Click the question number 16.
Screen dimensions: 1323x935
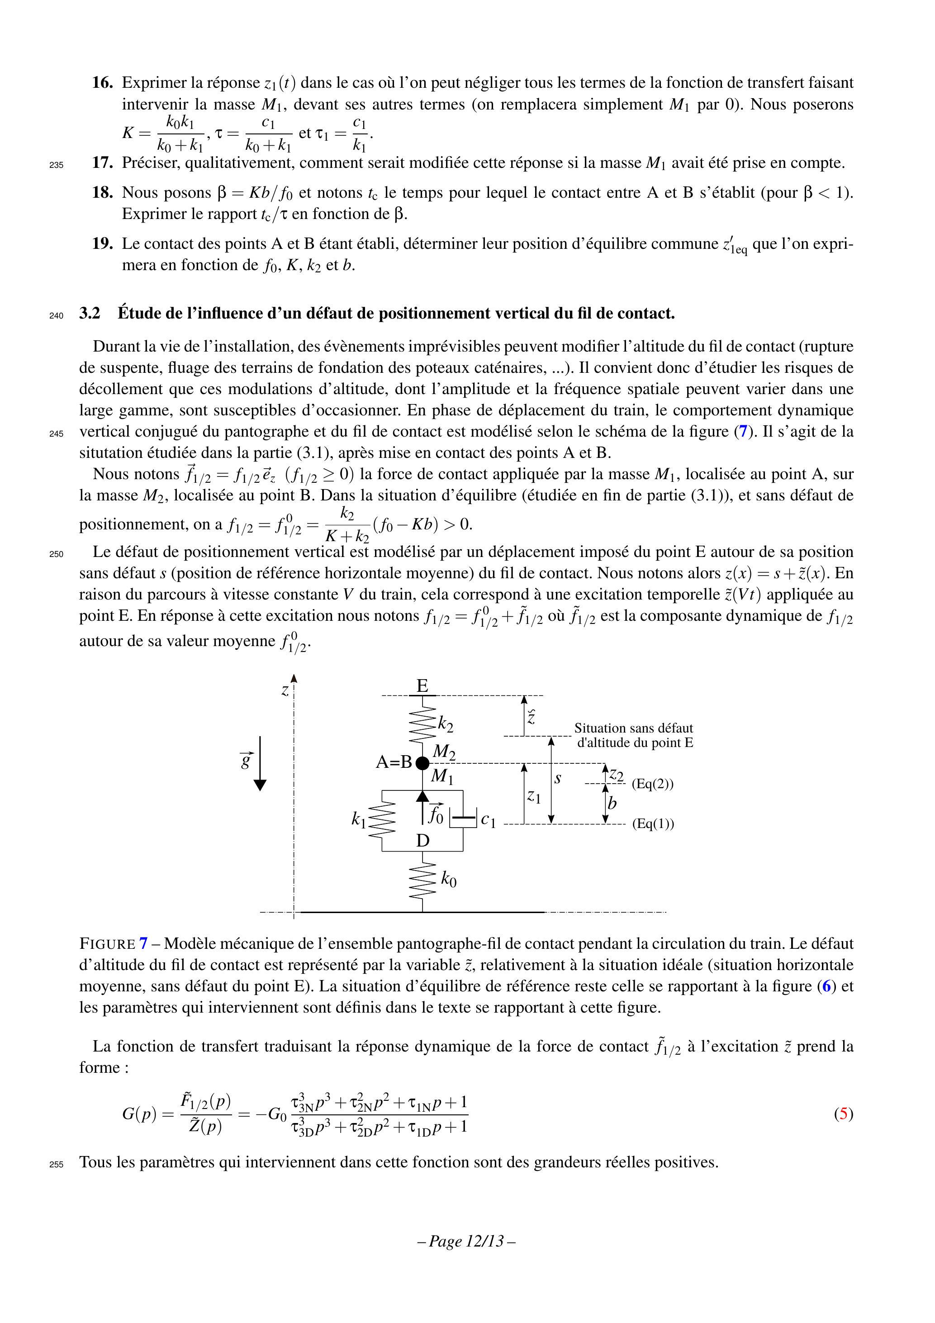(x=102, y=83)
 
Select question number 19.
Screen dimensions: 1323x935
(x=102, y=244)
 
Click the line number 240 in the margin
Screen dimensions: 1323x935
(x=57, y=316)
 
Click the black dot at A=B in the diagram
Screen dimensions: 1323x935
(x=422, y=763)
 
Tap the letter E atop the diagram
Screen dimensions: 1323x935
(x=422, y=685)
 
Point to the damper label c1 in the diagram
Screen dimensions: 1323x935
(x=488, y=819)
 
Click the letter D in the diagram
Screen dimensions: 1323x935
(x=423, y=841)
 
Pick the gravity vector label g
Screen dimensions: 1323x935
(x=247, y=761)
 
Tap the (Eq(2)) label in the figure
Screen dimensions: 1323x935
(x=653, y=784)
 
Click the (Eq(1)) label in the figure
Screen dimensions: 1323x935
(x=653, y=824)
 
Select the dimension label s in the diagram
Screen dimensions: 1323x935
(x=558, y=779)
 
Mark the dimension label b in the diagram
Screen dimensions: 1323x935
(x=612, y=803)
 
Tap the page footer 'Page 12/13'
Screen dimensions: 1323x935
(x=466, y=1241)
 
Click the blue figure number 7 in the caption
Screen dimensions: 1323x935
(x=143, y=944)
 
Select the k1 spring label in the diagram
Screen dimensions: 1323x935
(x=358, y=819)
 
